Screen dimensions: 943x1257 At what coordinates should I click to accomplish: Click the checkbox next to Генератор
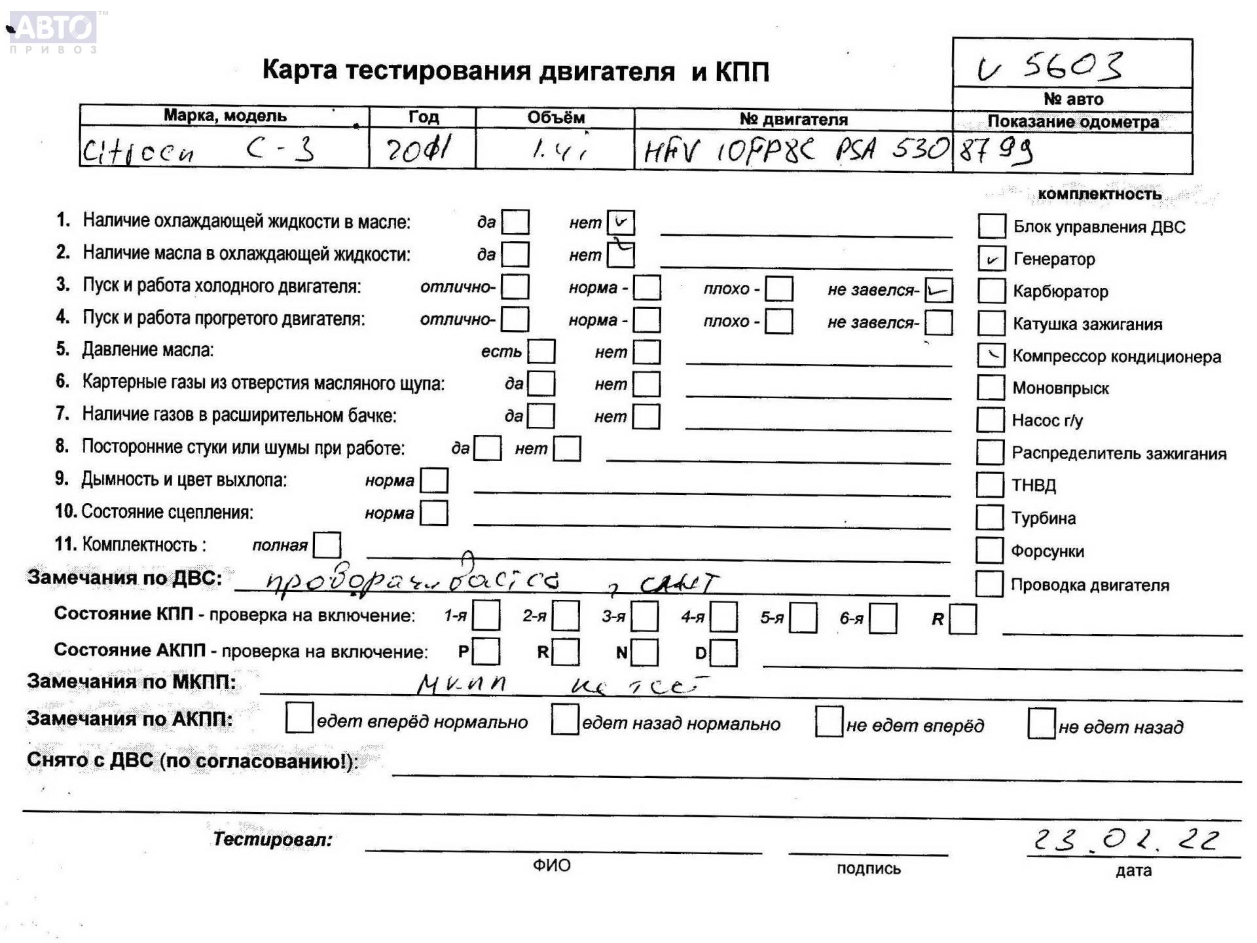pos(991,259)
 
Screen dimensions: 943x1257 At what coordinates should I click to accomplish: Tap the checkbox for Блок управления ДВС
pos(991,226)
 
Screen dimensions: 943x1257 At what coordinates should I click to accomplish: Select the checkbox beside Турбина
pos(989,517)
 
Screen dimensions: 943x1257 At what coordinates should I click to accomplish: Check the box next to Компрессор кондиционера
pos(991,356)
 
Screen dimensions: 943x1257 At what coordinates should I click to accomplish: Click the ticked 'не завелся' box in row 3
pos(938,290)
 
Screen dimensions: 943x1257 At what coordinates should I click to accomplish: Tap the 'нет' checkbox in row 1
pos(620,222)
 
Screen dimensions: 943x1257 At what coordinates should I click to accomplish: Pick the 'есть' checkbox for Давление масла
pos(541,352)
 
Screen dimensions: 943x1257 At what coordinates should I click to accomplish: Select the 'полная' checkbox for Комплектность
pos(327,545)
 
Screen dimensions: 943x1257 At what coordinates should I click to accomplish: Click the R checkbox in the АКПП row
pos(566,652)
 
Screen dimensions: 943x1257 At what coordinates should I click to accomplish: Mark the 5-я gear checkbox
pos(803,618)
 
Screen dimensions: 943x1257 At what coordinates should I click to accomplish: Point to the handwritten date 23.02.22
pos(1126,840)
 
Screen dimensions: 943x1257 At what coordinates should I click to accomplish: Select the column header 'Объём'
pos(555,118)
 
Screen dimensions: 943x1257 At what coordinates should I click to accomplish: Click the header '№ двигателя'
pos(793,119)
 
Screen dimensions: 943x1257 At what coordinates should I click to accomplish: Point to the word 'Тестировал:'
pos(272,840)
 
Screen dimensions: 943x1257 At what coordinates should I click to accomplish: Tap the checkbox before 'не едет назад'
pos(1041,723)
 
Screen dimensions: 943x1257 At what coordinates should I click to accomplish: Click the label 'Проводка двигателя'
pos(1089,585)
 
